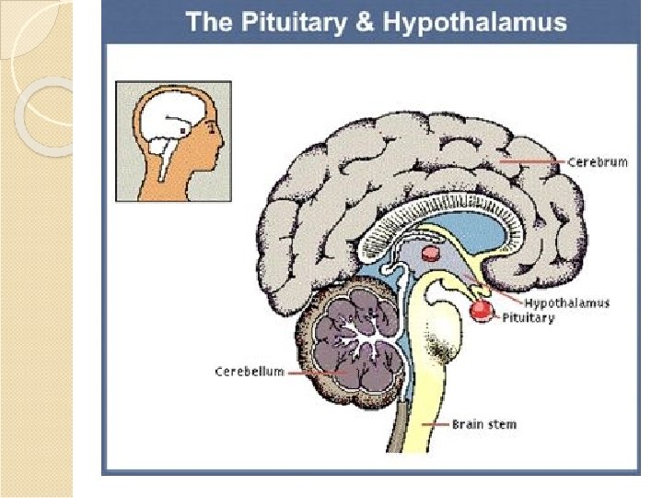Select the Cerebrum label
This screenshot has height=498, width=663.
597,162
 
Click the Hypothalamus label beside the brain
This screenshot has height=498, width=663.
566,302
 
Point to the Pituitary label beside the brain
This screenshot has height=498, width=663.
528,318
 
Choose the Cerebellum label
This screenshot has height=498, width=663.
249,372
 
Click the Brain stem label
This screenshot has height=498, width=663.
483,425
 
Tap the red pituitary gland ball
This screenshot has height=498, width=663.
480,311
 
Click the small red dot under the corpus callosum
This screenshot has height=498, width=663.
430,253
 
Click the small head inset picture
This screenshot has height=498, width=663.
173,140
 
